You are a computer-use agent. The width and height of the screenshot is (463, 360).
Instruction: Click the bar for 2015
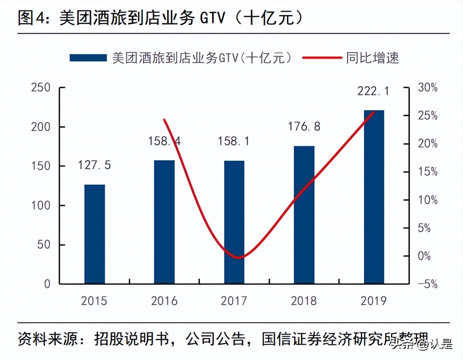[x=94, y=234]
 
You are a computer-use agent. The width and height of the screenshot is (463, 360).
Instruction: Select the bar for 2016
[x=164, y=222]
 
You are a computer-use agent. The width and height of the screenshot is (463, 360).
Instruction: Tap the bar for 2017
[x=234, y=222]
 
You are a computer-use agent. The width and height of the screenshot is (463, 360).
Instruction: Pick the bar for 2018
[x=304, y=215]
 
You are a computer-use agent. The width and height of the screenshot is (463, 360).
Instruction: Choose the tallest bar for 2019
[x=374, y=197]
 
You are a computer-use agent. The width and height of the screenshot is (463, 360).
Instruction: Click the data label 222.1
[x=373, y=91]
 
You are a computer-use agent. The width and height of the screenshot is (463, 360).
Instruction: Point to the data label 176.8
[x=304, y=126]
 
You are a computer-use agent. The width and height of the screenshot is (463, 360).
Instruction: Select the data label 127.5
[x=94, y=165]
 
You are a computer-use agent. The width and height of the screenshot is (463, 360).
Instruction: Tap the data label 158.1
[x=234, y=141]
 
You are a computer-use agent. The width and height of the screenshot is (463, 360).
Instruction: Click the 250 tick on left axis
[x=40, y=87]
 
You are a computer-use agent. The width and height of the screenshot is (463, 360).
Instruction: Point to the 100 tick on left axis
[x=40, y=205]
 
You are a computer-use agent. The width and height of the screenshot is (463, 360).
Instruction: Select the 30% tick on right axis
[x=428, y=87]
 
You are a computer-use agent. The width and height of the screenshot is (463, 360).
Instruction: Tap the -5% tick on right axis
[x=428, y=284]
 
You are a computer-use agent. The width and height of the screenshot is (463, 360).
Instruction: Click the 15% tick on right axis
[x=428, y=172]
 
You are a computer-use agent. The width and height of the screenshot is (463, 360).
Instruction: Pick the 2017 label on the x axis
[x=234, y=301]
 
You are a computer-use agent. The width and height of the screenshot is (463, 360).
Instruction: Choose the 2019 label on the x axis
[x=374, y=301]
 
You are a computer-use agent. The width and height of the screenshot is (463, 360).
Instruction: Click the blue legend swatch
[x=88, y=58]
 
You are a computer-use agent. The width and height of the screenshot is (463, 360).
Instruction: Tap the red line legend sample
[x=322, y=58]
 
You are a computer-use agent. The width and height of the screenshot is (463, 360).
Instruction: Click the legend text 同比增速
[x=372, y=58]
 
